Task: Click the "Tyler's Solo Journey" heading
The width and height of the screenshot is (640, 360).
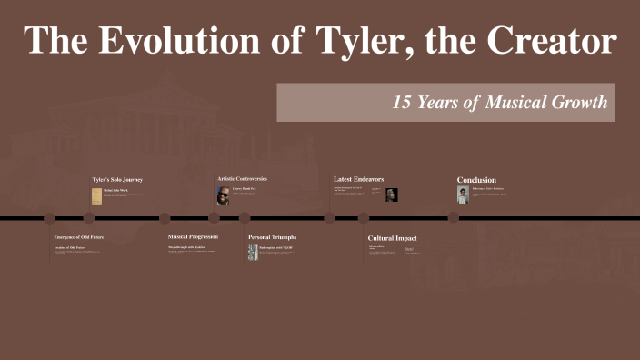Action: [x=117, y=180]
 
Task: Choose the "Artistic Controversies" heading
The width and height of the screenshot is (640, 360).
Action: [x=242, y=179]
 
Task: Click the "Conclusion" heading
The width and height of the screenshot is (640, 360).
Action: [x=476, y=180]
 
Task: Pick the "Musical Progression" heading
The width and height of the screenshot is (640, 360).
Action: [x=193, y=237]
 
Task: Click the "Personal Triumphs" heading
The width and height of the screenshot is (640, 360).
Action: [x=272, y=237]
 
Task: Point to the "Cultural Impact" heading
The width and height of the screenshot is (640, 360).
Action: [x=392, y=238]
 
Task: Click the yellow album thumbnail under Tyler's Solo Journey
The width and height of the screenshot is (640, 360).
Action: [x=96, y=195]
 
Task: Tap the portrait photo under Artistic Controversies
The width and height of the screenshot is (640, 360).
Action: [x=223, y=195]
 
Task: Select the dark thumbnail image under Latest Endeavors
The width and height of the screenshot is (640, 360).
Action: [x=392, y=195]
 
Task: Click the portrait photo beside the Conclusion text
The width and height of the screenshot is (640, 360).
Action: [x=463, y=195]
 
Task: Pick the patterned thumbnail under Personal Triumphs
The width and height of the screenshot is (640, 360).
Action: [x=253, y=252]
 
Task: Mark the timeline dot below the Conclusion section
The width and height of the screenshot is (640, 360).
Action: [x=454, y=217]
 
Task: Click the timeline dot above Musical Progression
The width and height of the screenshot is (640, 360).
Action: [x=165, y=218]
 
